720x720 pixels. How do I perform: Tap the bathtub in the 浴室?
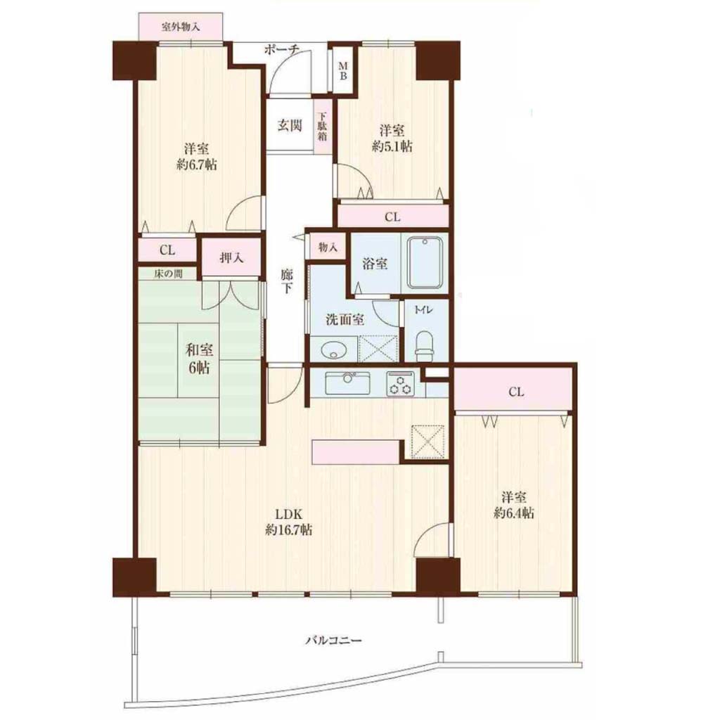[x=424, y=263]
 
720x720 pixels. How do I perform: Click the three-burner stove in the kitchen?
[x=400, y=385]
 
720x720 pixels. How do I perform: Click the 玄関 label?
[x=290, y=125]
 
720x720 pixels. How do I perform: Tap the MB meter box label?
[x=343, y=71]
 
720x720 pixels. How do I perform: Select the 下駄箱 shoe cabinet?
[x=323, y=127]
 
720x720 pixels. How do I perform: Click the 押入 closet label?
[x=231, y=257]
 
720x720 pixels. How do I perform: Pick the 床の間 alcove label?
[x=167, y=274]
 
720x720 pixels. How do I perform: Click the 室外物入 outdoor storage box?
[x=181, y=27]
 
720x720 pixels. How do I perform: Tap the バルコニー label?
[x=334, y=640]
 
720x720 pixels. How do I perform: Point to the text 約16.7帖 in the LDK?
[x=289, y=529]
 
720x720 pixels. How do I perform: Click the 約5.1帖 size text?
[x=392, y=146]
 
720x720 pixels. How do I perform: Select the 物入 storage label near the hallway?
[x=328, y=247]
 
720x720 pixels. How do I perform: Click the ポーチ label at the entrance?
[x=282, y=49]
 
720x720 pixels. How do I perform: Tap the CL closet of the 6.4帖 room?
[x=513, y=390]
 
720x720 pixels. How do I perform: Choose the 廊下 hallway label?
[x=287, y=281]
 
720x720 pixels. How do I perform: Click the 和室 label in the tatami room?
[x=199, y=350]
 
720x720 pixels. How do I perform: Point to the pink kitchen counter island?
[x=356, y=452]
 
